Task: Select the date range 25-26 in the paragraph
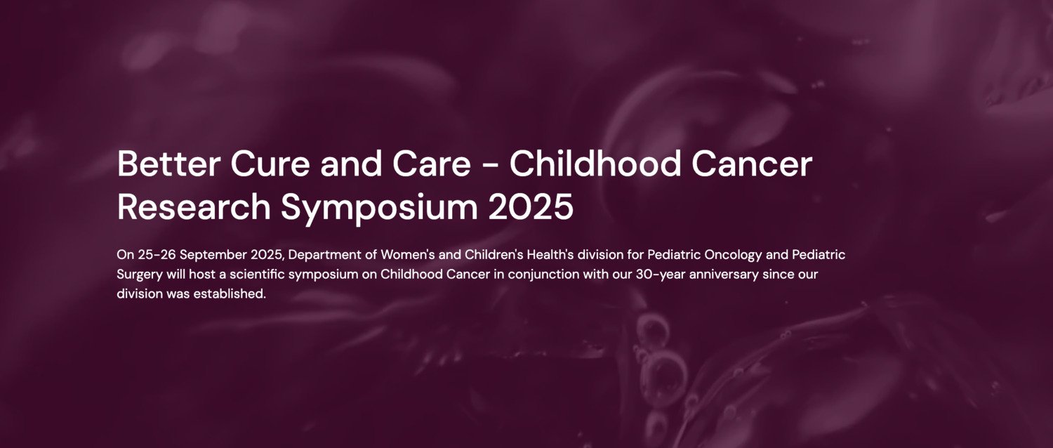156,253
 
